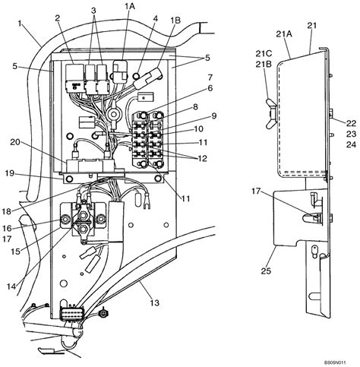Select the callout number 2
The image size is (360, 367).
pos(57,17)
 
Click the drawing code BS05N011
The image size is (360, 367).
pos(336,362)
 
